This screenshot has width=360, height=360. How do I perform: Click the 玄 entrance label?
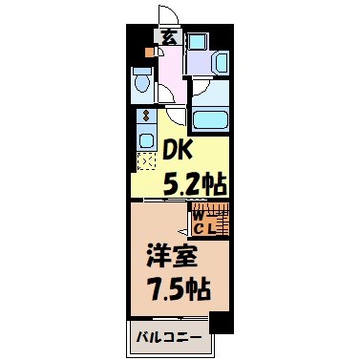point(168,38)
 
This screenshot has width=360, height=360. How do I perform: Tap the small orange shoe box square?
point(149,53)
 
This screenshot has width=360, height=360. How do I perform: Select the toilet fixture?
point(140,84)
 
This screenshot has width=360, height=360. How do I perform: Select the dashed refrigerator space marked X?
point(146,161)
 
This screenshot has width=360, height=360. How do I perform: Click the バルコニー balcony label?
point(166,337)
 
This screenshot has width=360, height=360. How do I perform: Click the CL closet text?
point(204,228)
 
